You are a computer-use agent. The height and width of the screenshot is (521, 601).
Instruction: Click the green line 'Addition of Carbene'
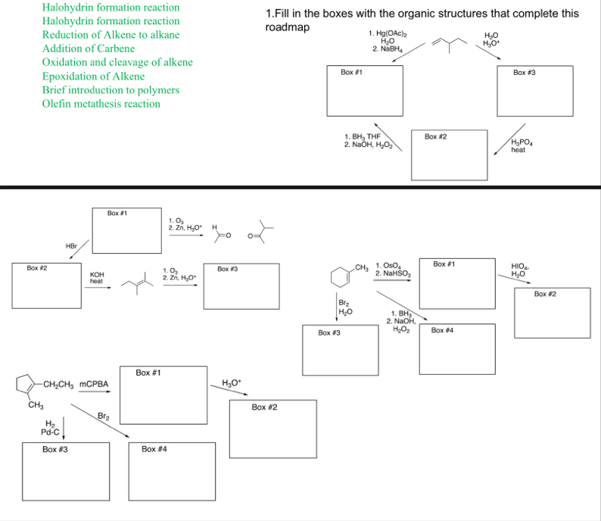pyautogui.click(x=89, y=48)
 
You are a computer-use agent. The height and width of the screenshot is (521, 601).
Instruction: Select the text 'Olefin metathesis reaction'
pyautogui.click(x=101, y=104)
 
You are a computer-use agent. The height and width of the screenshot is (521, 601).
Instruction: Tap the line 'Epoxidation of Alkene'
pyautogui.click(x=93, y=76)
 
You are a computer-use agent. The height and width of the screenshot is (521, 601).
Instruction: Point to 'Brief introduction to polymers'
pyautogui.click(x=111, y=90)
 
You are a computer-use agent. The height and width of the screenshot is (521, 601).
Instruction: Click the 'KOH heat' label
pyautogui.click(x=96, y=277)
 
